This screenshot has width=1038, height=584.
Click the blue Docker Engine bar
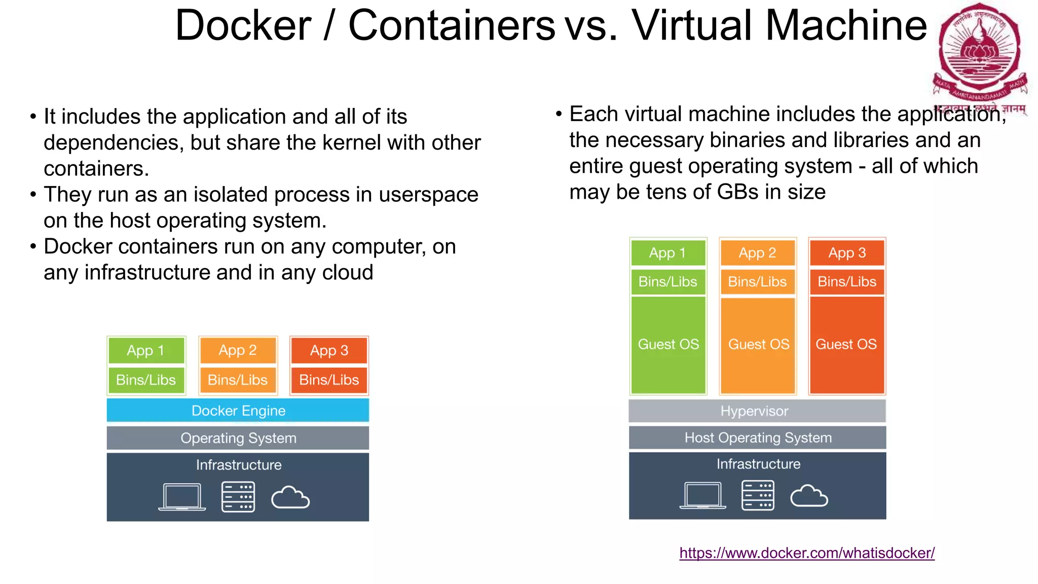point(238,410)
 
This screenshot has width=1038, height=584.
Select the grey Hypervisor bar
point(757,411)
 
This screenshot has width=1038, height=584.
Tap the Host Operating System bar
point(757,437)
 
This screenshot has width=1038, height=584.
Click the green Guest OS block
point(668,345)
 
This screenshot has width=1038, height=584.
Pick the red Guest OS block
point(846,345)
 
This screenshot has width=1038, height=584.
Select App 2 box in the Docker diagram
point(238,350)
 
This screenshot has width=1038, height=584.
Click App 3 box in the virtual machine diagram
point(847,252)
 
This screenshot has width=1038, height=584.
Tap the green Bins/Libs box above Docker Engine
point(146,380)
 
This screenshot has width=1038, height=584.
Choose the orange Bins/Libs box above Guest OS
point(757,281)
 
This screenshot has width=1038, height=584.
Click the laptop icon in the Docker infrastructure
point(182,497)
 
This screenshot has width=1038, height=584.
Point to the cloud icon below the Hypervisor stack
point(809,496)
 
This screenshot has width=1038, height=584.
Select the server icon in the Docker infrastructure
point(238,497)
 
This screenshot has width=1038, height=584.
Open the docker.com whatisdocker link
point(807,553)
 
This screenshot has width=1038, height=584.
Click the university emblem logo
point(979,51)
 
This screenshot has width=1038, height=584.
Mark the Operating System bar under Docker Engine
point(238,438)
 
